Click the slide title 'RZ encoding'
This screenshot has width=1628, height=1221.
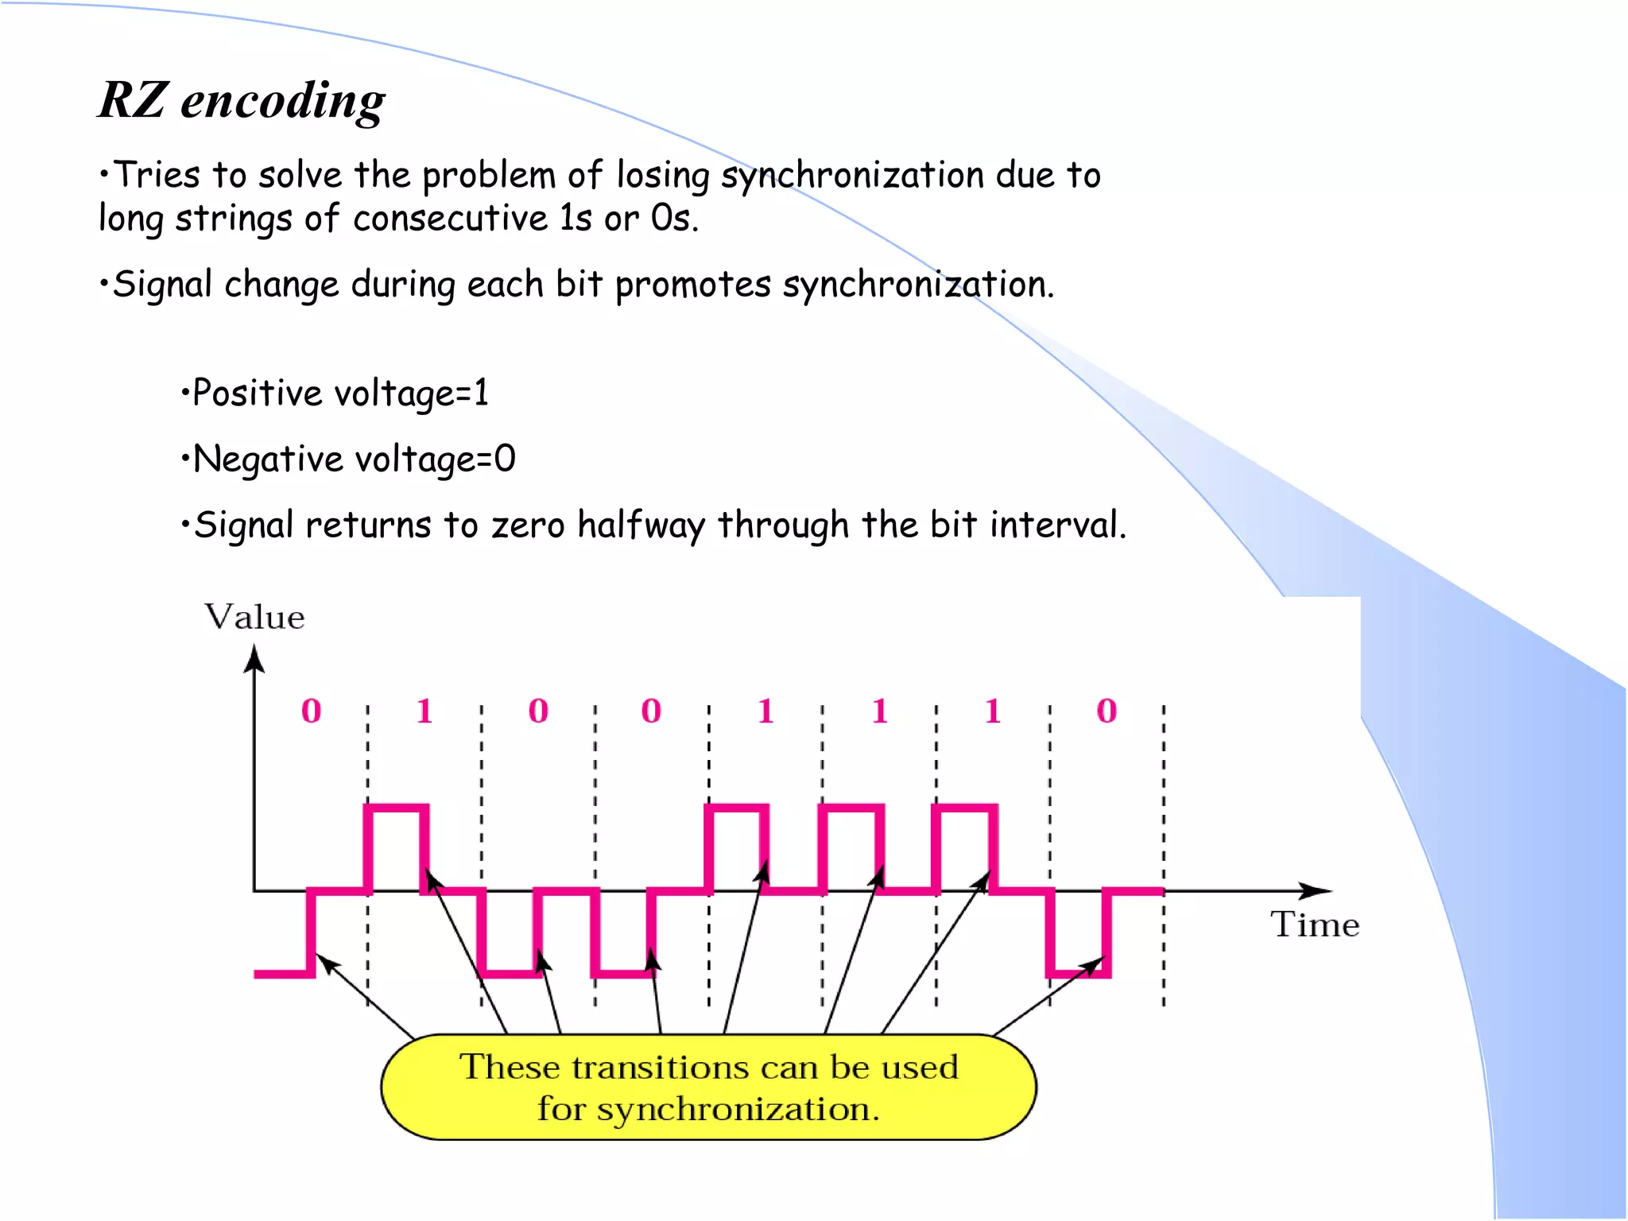coord(242,101)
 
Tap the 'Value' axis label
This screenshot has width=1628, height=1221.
coord(254,617)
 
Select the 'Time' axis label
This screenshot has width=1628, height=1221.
coord(1314,924)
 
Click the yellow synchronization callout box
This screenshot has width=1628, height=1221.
coord(708,1087)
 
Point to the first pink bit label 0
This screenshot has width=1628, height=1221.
coord(311,711)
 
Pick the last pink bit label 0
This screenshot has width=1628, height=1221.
coord(1107,711)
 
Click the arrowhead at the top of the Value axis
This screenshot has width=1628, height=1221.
coord(254,657)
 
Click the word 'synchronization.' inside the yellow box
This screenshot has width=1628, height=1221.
coord(738,1109)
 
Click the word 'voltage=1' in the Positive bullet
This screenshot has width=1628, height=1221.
coord(411,393)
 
